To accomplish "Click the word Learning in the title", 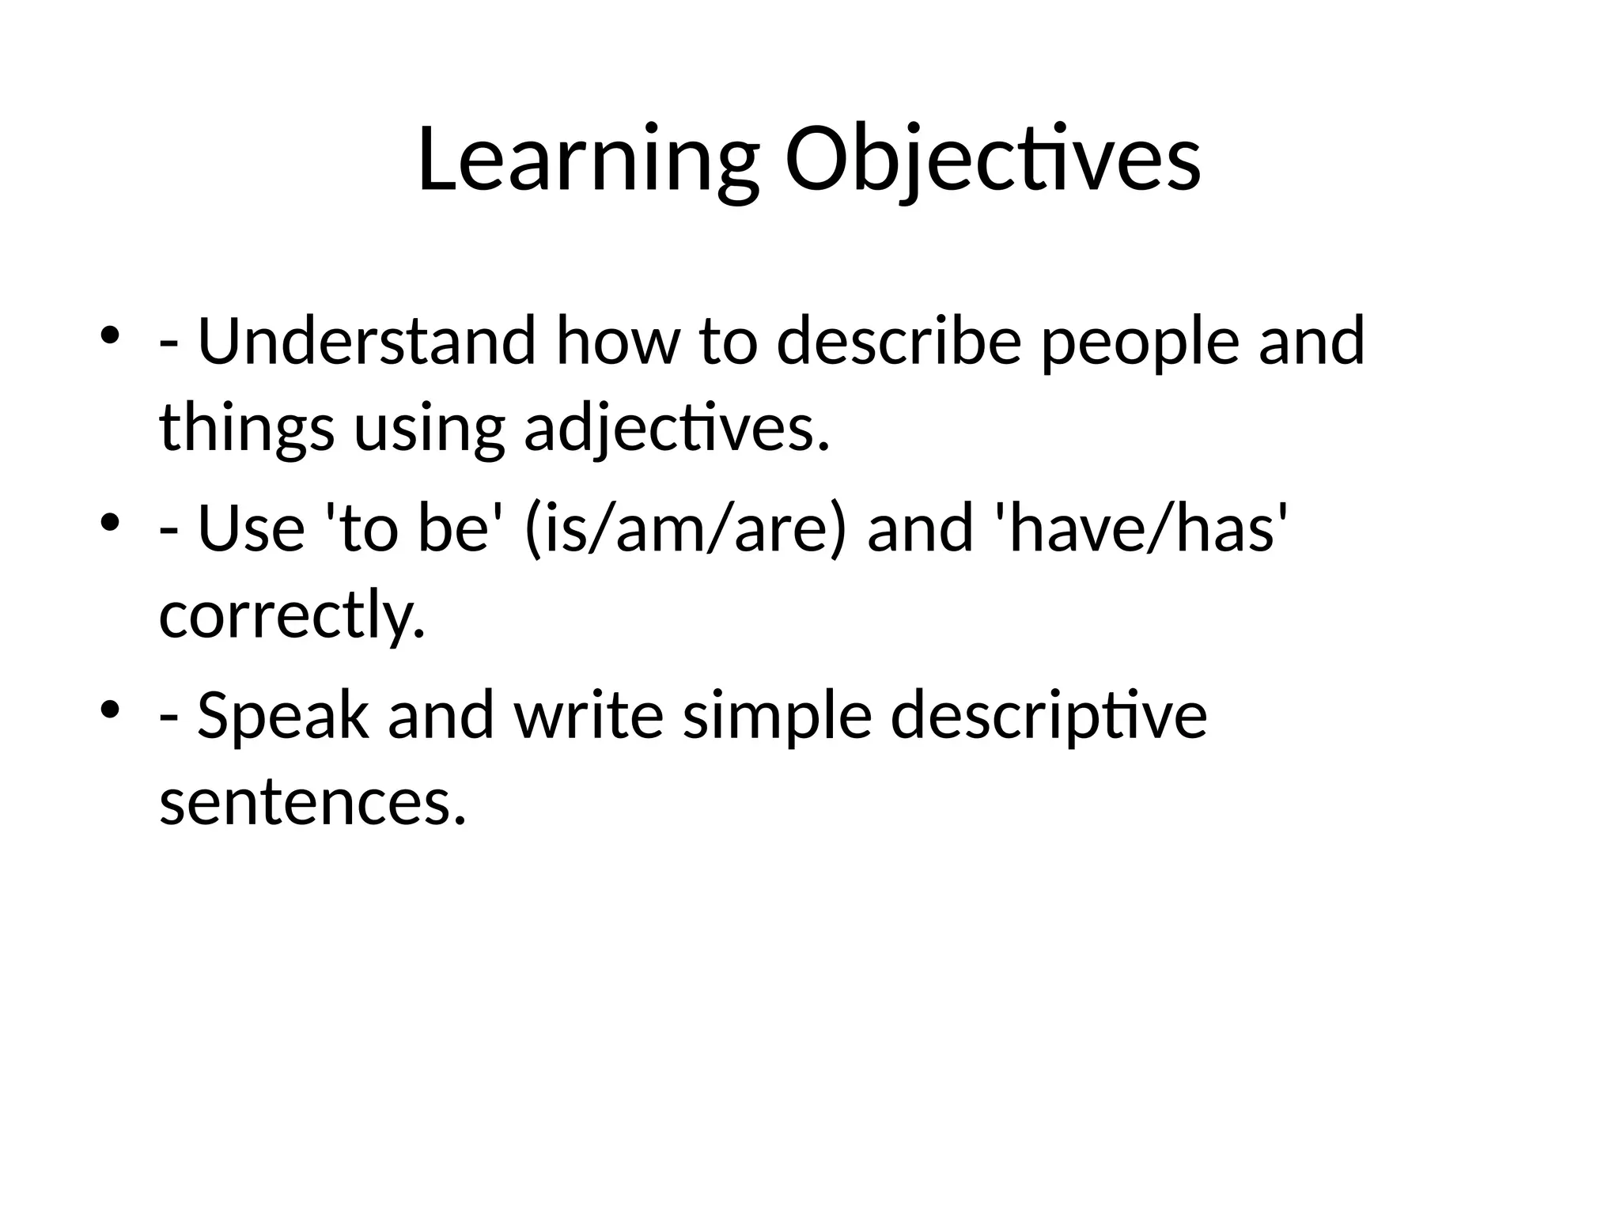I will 587,161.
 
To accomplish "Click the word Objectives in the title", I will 993,161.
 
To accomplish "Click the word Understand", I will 366,342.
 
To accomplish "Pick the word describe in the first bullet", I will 899,342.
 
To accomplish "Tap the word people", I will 1139,342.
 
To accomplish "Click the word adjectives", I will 677,430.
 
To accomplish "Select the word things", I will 246,430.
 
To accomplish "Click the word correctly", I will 292,615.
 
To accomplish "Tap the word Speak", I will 282,716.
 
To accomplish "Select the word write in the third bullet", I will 589,716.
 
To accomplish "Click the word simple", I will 777,716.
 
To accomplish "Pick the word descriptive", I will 1048,716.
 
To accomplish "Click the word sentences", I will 312,802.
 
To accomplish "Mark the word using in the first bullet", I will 429,430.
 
